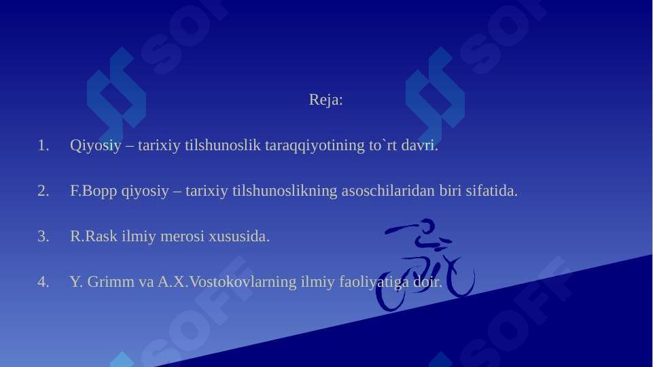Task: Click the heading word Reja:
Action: tap(325, 100)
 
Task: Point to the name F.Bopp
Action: tap(94, 191)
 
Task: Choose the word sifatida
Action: tap(491, 191)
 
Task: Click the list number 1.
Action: tap(43, 145)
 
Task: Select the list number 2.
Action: tap(43, 191)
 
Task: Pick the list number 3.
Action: tap(43, 237)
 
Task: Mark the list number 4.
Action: tap(43, 281)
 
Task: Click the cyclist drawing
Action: tap(427, 266)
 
